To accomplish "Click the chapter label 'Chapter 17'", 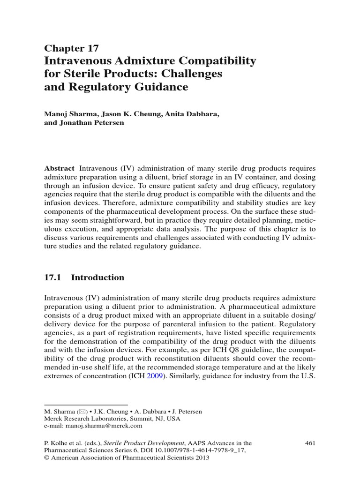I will [71, 48].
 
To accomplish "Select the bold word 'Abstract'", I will [59, 168].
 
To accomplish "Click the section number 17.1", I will [52, 277].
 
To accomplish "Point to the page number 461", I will [310, 442].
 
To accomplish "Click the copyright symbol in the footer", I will [46, 457].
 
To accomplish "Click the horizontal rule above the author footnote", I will [86, 404].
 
